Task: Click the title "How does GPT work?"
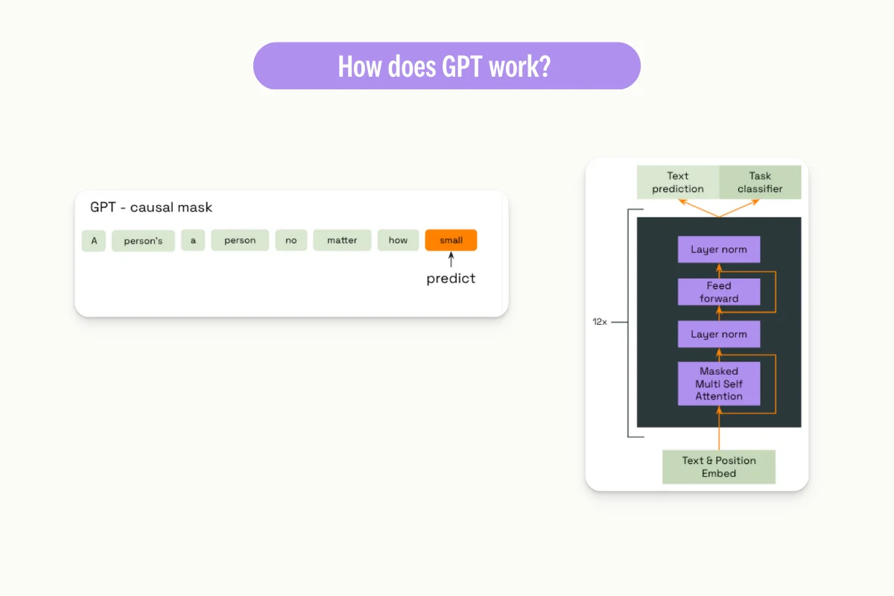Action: pos(446,66)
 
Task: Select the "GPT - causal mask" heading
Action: pos(151,207)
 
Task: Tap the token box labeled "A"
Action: pos(94,241)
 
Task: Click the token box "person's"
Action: pos(143,241)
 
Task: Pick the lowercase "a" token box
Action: pos(193,241)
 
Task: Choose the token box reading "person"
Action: pos(240,241)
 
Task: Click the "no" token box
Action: pos(291,241)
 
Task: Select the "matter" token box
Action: pos(342,241)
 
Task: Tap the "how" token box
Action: pos(398,241)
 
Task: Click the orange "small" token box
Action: pos(451,240)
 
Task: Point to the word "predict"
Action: pos(451,279)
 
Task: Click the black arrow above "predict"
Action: pos(451,260)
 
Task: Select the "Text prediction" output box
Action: pos(678,183)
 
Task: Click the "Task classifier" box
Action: pos(760,183)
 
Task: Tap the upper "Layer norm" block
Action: pos(719,250)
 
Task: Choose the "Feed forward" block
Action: pos(719,292)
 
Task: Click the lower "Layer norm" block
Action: pos(719,335)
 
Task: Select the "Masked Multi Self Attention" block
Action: pos(719,384)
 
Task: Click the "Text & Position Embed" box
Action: pos(719,467)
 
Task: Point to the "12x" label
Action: pos(600,323)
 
